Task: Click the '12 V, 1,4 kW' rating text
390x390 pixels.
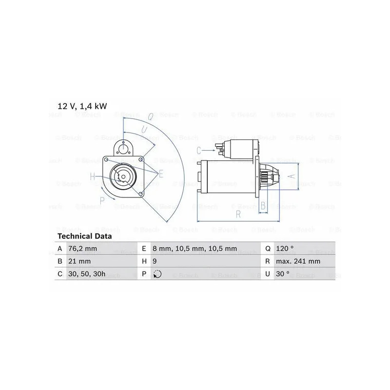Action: tap(82, 106)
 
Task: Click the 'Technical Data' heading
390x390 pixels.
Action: tap(84, 236)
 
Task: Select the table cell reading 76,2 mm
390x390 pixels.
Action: tap(82, 249)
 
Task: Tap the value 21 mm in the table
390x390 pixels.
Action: tap(79, 261)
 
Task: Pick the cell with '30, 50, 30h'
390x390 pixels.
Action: tap(87, 274)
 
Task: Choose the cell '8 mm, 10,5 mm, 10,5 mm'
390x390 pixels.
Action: tap(195, 249)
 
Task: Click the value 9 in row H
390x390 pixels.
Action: tap(155, 261)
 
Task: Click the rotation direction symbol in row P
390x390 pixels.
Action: tap(157, 274)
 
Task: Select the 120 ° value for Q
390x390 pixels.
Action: tap(285, 249)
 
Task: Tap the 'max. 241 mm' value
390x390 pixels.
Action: tap(298, 261)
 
